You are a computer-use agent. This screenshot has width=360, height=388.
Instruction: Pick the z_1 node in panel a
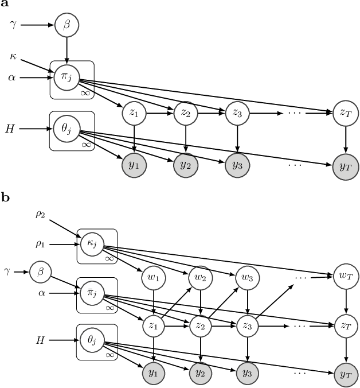click(134, 114)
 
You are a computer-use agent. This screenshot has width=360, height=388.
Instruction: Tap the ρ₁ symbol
click(40, 244)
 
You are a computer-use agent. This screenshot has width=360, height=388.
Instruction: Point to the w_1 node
click(154, 278)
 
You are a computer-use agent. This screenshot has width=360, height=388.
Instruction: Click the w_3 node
click(246, 278)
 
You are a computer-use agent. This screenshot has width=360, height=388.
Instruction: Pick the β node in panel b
click(40, 270)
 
